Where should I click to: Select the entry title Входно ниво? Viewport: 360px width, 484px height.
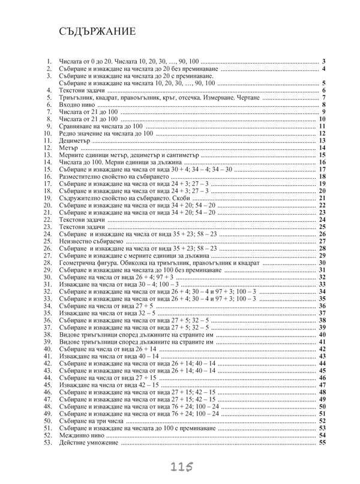[x=76, y=105]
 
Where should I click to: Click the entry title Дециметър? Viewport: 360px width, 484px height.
[x=75, y=140]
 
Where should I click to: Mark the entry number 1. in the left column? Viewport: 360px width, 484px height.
[x=49, y=62]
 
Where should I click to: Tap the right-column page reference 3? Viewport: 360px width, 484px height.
[x=323, y=62]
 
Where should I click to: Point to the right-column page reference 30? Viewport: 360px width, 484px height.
[x=322, y=262]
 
